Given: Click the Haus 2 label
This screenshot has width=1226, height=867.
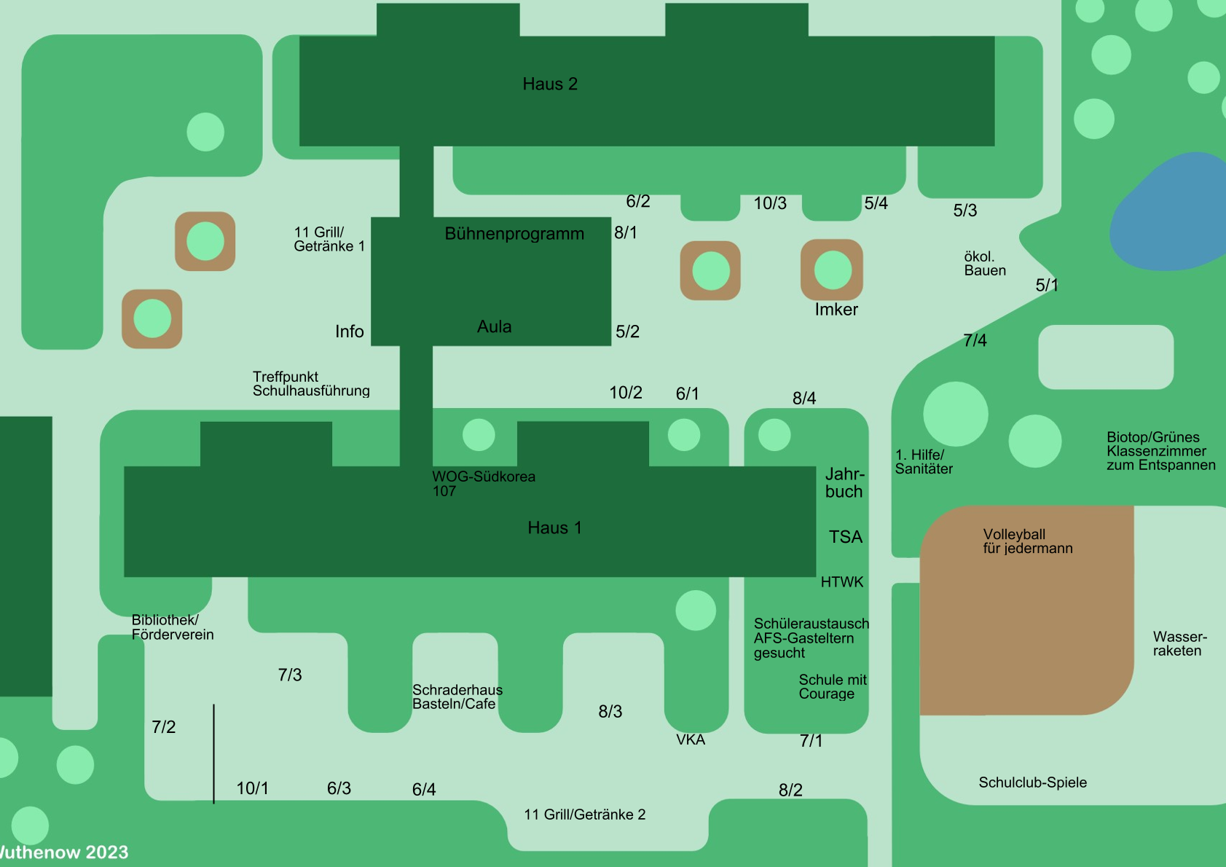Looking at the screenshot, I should [x=550, y=85].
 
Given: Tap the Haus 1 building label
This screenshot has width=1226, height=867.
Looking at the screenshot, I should [x=554, y=528].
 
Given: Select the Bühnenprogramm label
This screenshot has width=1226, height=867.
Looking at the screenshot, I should [x=514, y=234].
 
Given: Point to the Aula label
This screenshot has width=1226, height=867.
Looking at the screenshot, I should [x=494, y=327].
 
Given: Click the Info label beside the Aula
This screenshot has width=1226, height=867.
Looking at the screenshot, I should [x=349, y=331].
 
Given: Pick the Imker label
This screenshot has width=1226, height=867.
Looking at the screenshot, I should [x=836, y=310].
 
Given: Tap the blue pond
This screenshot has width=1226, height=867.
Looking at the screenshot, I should [x=1169, y=211].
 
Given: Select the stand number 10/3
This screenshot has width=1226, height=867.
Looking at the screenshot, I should [x=770, y=203].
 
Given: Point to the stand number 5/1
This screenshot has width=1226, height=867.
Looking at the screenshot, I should [x=1047, y=286].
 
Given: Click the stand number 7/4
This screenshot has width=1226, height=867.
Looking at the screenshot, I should [x=975, y=340].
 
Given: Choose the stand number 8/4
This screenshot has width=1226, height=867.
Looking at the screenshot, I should [x=804, y=399].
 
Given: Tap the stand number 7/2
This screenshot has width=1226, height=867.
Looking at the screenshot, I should [x=164, y=727].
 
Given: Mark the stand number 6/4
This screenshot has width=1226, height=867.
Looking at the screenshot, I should [x=424, y=790].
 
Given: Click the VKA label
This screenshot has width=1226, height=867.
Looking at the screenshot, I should [x=691, y=740].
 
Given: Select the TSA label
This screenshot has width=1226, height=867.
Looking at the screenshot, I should [x=846, y=538].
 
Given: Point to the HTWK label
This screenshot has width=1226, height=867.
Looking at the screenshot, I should [x=842, y=582].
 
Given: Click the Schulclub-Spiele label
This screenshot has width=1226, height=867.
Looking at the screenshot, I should [x=1032, y=782].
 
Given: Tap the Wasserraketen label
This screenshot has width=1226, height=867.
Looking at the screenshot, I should [x=1179, y=644].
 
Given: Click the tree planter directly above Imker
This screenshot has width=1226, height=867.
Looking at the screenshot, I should [x=832, y=270].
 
